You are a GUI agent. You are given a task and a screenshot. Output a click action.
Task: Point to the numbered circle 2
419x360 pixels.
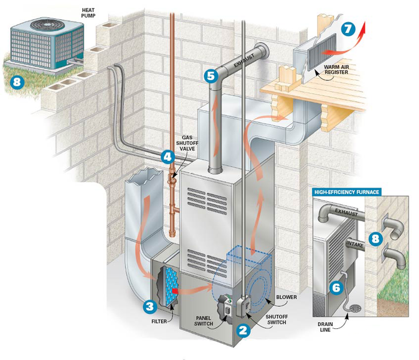(242, 328)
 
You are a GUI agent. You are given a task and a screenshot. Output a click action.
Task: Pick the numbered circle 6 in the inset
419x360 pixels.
(336, 287)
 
